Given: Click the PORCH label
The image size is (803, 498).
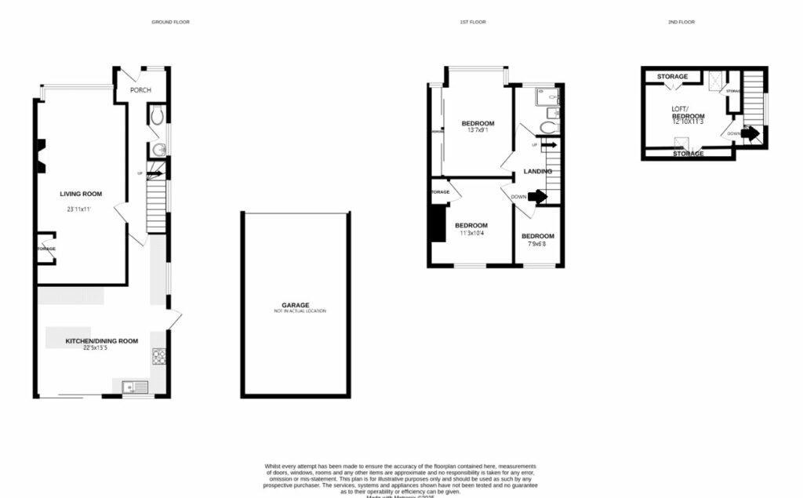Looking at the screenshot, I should (140, 90).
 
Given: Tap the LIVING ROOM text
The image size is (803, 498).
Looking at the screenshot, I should (81, 194).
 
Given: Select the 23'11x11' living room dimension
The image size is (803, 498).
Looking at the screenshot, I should (81, 209).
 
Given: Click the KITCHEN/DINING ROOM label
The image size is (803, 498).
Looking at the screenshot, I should (102, 340).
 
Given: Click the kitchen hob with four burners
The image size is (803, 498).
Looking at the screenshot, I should (158, 357).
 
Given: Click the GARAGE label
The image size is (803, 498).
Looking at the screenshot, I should (296, 305).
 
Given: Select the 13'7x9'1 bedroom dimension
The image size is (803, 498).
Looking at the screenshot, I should (478, 132).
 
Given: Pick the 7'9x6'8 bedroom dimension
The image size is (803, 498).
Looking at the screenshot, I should (537, 244).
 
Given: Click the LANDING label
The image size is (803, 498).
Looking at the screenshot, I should (537, 171).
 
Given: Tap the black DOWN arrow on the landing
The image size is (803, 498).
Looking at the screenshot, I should (537, 197).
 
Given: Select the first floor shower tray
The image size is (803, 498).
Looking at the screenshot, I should (545, 97).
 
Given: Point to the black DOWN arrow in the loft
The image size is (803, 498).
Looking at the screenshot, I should (750, 133).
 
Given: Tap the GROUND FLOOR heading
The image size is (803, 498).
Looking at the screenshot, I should (170, 22).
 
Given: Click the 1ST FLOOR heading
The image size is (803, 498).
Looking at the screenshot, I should (473, 22).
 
